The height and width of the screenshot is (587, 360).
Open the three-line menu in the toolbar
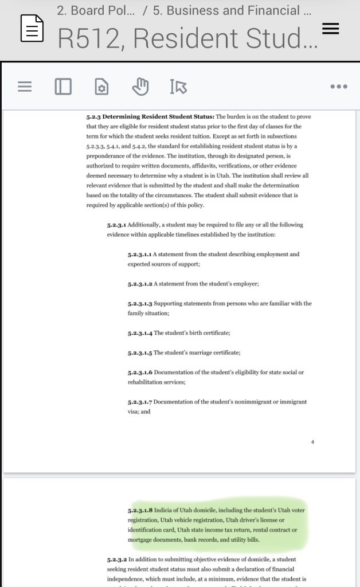(24, 87)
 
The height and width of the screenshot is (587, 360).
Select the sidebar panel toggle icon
(62, 87)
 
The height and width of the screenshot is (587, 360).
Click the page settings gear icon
(101, 87)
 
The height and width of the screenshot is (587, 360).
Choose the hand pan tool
(140, 87)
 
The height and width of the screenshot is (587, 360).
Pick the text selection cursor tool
(178, 87)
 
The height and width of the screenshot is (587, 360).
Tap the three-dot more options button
(339, 87)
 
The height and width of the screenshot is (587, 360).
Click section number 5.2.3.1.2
(140, 284)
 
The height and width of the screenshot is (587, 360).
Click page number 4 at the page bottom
(313, 441)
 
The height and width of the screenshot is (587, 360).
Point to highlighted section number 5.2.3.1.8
(140, 510)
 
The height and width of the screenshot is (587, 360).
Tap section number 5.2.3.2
(117, 559)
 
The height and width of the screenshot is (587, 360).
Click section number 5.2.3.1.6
(140, 372)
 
